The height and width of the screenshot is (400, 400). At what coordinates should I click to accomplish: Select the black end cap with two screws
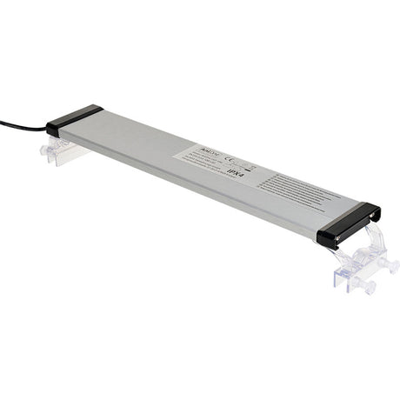point(348,223)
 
